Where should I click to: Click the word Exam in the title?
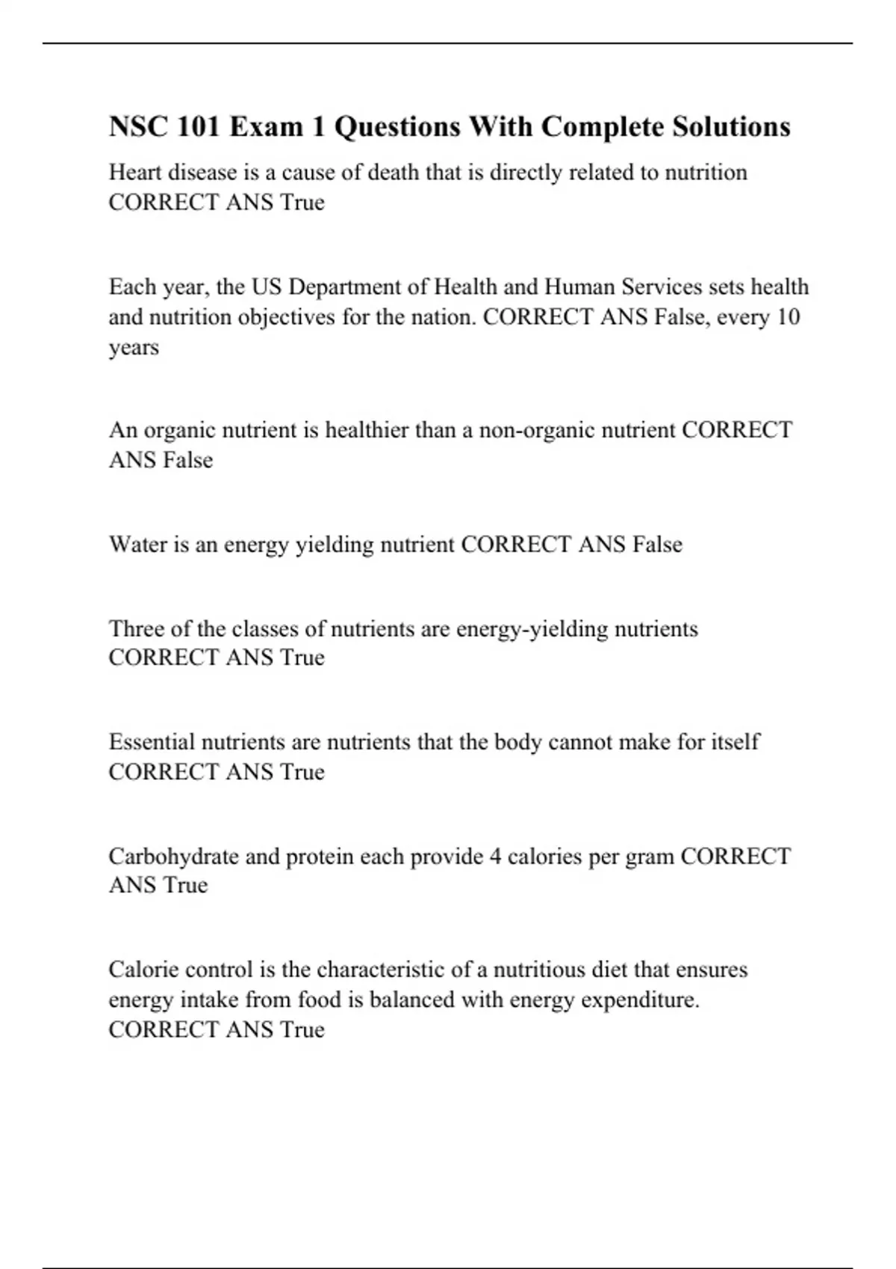(267, 127)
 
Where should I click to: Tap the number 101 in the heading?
(199, 127)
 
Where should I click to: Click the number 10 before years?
(788, 317)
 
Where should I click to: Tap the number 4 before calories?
(495, 856)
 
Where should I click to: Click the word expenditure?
(639, 1000)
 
